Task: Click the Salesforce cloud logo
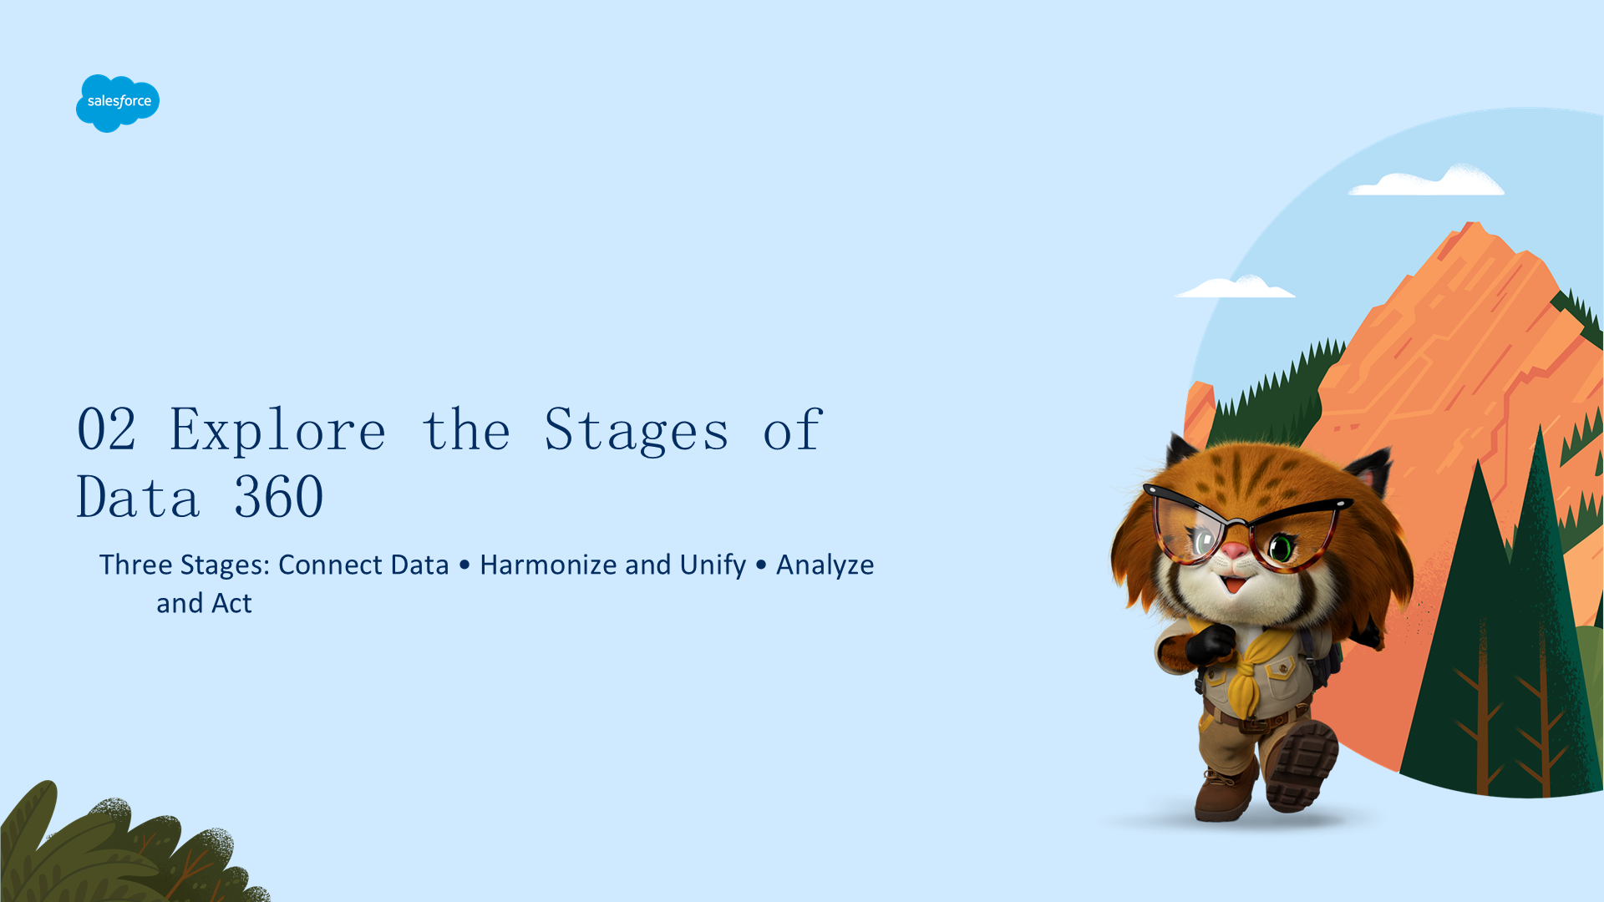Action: coord(118,103)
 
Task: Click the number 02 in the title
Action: coord(106,430)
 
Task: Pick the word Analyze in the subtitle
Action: coord(825,566)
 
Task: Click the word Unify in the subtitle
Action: coord(713,566)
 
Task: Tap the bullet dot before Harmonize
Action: coord(464,565)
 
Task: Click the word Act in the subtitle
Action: coord(231,603)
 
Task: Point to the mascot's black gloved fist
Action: coord(1208,644)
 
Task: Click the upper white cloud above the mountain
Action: coord(1427,181)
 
